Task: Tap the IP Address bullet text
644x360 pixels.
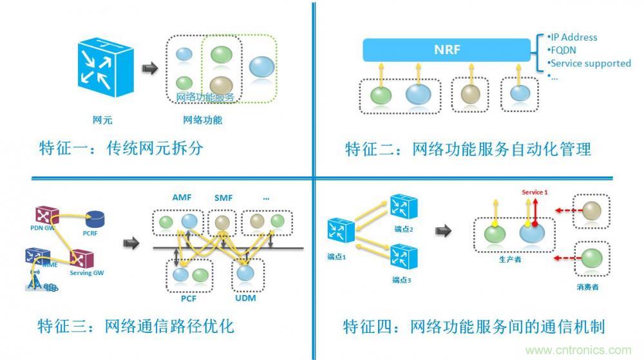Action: point(573,37)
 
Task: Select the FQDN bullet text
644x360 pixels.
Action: point(565,50)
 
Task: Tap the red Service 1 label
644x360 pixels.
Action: point(535,192)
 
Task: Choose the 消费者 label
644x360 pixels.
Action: point(587,287)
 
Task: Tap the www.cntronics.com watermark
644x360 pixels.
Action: point(579,350)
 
